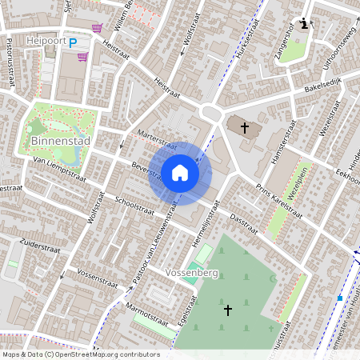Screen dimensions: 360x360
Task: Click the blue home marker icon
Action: (179, 173)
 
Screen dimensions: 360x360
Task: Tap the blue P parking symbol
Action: (73, 43)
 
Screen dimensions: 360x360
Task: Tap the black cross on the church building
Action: (244, 127)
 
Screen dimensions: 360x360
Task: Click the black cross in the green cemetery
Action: (227, 309)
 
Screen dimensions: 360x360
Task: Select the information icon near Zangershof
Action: (304, 23)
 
